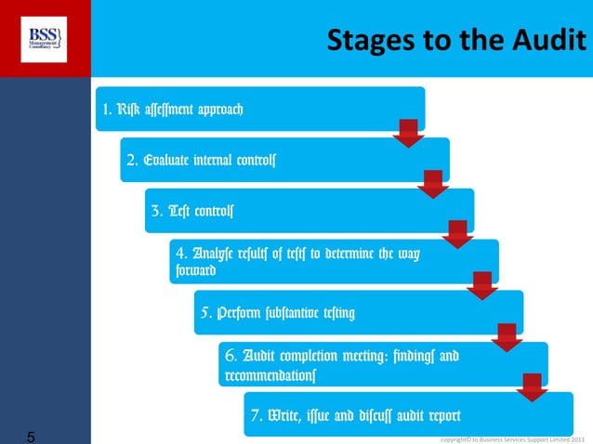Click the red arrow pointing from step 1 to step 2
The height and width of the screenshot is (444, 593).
tap(407, 133)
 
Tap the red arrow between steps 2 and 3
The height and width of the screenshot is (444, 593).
tap(432, 184)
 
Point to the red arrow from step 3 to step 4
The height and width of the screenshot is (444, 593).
tap(456, 234)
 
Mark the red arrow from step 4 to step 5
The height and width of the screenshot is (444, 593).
tap(481, 285)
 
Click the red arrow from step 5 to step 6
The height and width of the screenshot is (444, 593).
tap(506, 336)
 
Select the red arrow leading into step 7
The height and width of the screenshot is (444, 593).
tap(531, 386)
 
